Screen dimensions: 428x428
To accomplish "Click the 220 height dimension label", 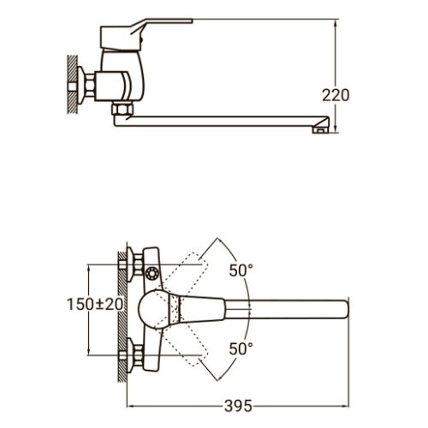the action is [336, 95].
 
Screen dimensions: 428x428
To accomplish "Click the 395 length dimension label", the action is [238, 406].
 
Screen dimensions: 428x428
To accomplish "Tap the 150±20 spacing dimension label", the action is [95, 304].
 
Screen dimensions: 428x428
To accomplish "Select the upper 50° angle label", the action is [241, 270].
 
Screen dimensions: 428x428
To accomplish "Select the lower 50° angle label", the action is [241, 348].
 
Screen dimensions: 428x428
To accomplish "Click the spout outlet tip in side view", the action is [320, 130].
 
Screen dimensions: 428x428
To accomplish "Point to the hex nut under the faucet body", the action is [122, 109].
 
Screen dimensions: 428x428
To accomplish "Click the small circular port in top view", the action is [152, 274].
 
